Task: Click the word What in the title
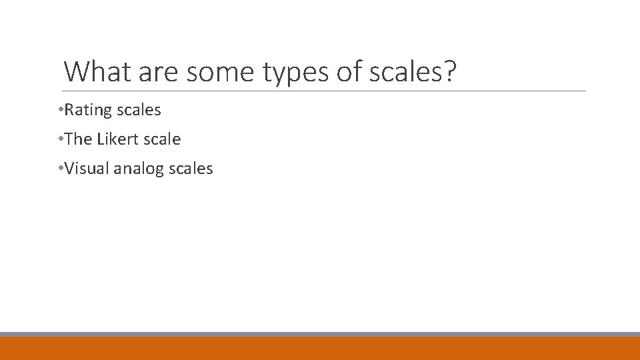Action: (x=98, y=71)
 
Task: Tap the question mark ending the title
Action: (x=451, y=71)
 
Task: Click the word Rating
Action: (x=86, y=110)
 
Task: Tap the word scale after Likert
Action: (x=161, y=139)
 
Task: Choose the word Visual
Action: (x=87, y=169)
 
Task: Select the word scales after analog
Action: (x=191, y=169)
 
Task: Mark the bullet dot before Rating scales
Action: (x=61, y=109)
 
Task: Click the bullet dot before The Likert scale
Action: (x=61, y=139)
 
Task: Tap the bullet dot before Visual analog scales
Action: (x=61, y=168)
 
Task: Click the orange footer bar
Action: (x=320, y=348)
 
